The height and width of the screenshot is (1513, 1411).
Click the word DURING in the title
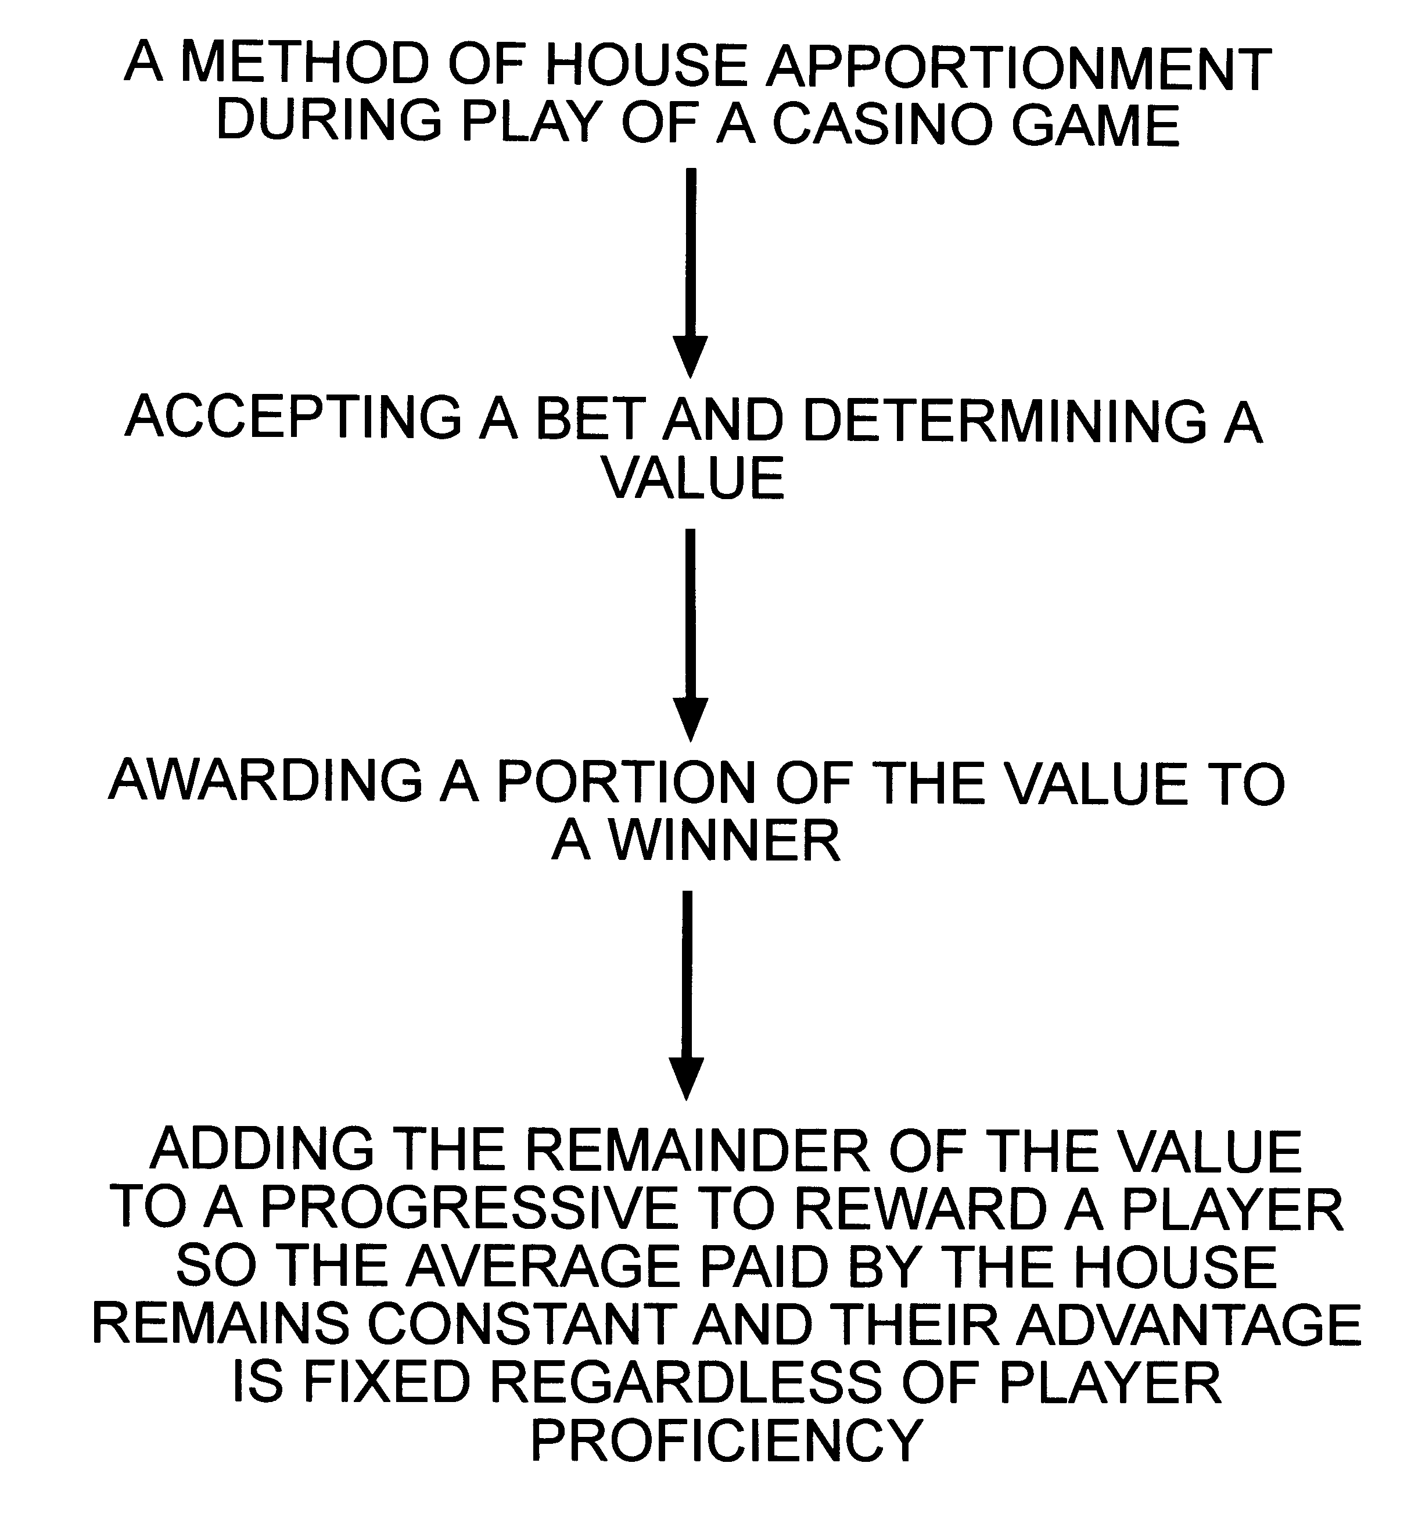329,120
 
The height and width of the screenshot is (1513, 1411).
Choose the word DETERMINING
1004,420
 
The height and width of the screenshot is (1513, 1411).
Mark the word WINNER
726,840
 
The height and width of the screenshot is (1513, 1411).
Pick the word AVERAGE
542,1267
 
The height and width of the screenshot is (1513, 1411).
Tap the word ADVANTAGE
1188,1324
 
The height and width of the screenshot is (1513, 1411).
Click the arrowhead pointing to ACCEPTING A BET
690,357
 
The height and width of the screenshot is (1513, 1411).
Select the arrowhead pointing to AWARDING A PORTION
690,720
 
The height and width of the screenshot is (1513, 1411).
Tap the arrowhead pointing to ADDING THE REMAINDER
687,1079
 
